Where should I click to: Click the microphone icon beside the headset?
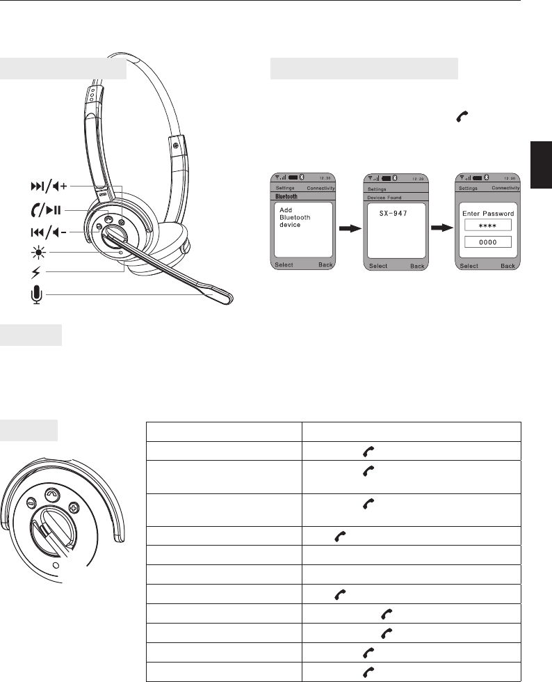pos(37,294)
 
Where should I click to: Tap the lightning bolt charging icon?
pos(36,273)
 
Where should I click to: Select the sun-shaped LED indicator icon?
pos(38,252)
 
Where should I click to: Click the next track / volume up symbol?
pos(49,187)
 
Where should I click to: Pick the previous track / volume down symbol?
pos(48,232)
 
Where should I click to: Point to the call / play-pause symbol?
pos(46,210)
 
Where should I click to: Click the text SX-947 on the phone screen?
pos(393,214)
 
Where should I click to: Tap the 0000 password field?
pos(487,242)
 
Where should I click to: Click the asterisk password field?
pos(487,225)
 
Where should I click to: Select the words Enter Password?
pos(487,214)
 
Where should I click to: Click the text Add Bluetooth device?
pos(295,217)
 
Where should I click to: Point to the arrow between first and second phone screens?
pos(350,228)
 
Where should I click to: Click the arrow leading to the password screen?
pos(442,228)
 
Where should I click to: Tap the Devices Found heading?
pos(384,198)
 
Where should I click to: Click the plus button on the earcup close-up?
pos(74,507)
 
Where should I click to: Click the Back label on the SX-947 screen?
pos(417,266)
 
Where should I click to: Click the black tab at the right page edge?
pos(541,165)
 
